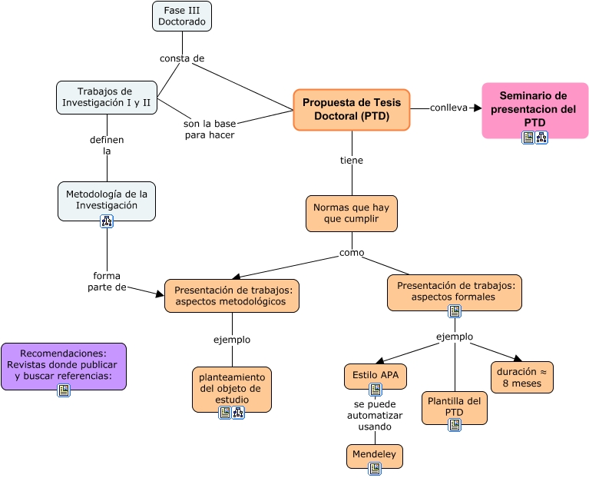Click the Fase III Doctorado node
[x=182, y=16]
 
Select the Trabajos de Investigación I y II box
[x=106, y=97]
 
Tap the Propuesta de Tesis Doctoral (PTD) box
[x=352, y=110]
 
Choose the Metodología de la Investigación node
[x=107, y=199]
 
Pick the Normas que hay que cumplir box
[x=352, y=213]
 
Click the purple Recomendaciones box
[x=64, y=364]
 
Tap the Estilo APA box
[x=376, y=376]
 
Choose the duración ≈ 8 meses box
[x=522, y=377]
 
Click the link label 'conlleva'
[x=448, y=108]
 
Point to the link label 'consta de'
[x=182, y=58]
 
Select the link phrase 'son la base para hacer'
[x=209, y=129]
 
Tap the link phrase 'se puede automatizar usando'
[x=375, y=415]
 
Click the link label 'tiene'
[x=352, y=161]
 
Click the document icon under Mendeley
[x=375, y=468]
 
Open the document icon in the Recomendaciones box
[x=64, y=390]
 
